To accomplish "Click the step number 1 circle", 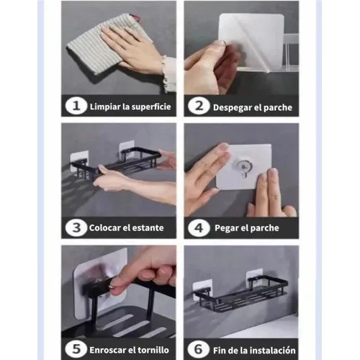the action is click(x=76, y=106).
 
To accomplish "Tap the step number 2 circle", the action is click(x=199, y=106).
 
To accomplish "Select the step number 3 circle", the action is click(x=76, y=228).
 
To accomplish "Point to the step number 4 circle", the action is click(x=199, y=228).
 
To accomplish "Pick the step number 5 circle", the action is click(x=76, y=349).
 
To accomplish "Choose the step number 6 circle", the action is click(x=199, y=349).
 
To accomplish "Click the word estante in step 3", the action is click(x=148, y=228).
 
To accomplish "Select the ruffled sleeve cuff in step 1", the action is click(x=168, y=74).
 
